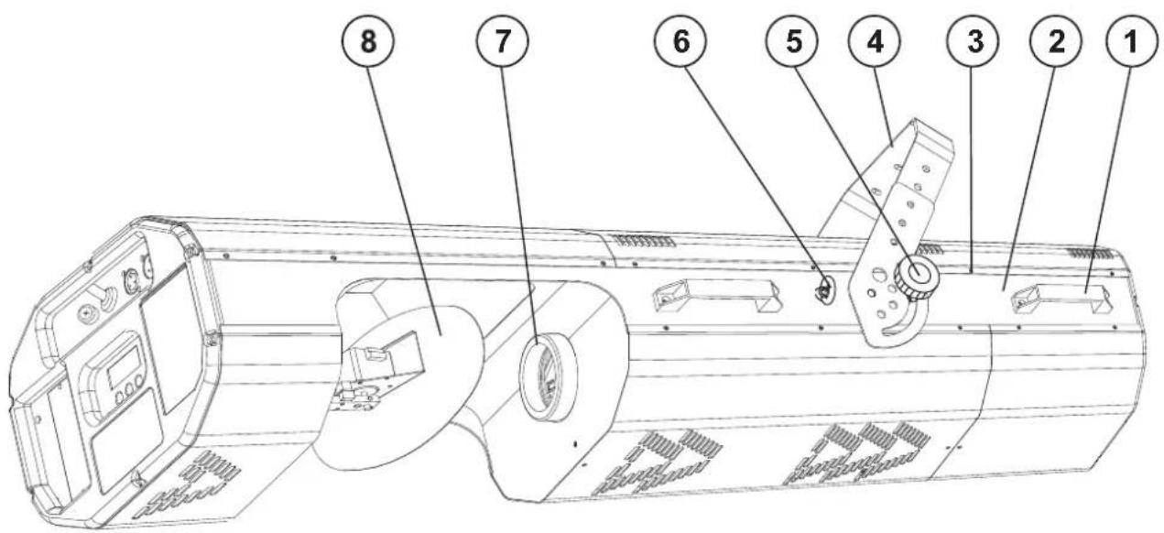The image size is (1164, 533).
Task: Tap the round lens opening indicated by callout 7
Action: pyautogui.click(x=539, y=371)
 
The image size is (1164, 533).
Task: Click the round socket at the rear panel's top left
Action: pyautogui.click(x=94, y=312)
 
